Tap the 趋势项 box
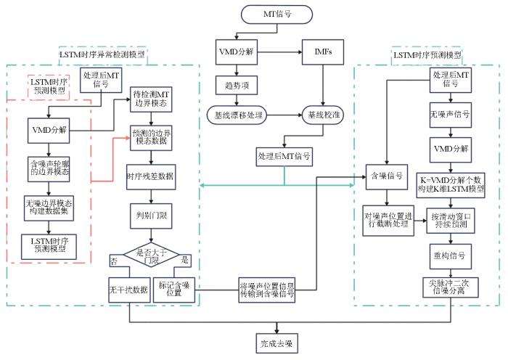237,84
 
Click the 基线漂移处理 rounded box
237,115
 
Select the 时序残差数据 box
150,176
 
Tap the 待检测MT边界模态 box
152,99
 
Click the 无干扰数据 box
128,290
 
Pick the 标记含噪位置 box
175,290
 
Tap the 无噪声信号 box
451,115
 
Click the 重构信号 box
451,255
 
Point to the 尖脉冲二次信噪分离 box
451,287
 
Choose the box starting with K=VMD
451,184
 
